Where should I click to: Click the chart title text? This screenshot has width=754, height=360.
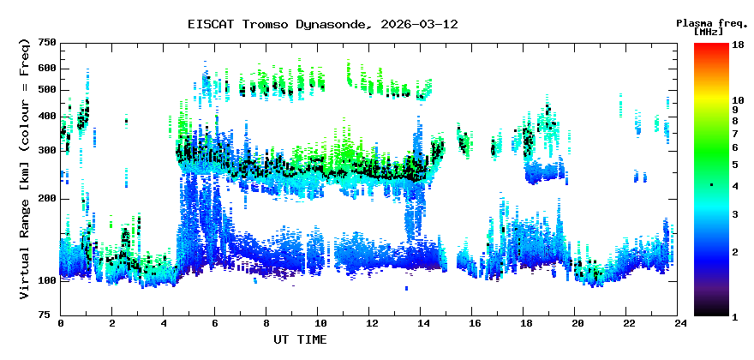coord(322,24)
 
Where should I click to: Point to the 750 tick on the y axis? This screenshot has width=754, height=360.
coord(46,43)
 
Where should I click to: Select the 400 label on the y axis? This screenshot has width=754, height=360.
coord(46,117)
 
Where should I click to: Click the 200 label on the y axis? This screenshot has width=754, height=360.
coord(46,199)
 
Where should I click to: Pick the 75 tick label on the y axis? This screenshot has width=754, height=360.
coord(50,315)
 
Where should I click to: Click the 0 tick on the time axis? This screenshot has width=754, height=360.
coord(61,323)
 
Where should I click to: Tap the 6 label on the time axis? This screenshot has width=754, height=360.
coord(215,323)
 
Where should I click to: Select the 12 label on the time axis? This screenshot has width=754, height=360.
coord(370,323)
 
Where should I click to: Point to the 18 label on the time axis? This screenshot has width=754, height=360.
coord(525,323)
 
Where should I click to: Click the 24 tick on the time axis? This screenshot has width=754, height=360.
coord(680,323)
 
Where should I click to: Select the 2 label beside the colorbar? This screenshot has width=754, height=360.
coord(734,251)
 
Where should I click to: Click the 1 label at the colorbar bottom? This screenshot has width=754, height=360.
coord(734,316)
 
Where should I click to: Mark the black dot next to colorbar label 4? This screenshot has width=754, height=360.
coord(711,185)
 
